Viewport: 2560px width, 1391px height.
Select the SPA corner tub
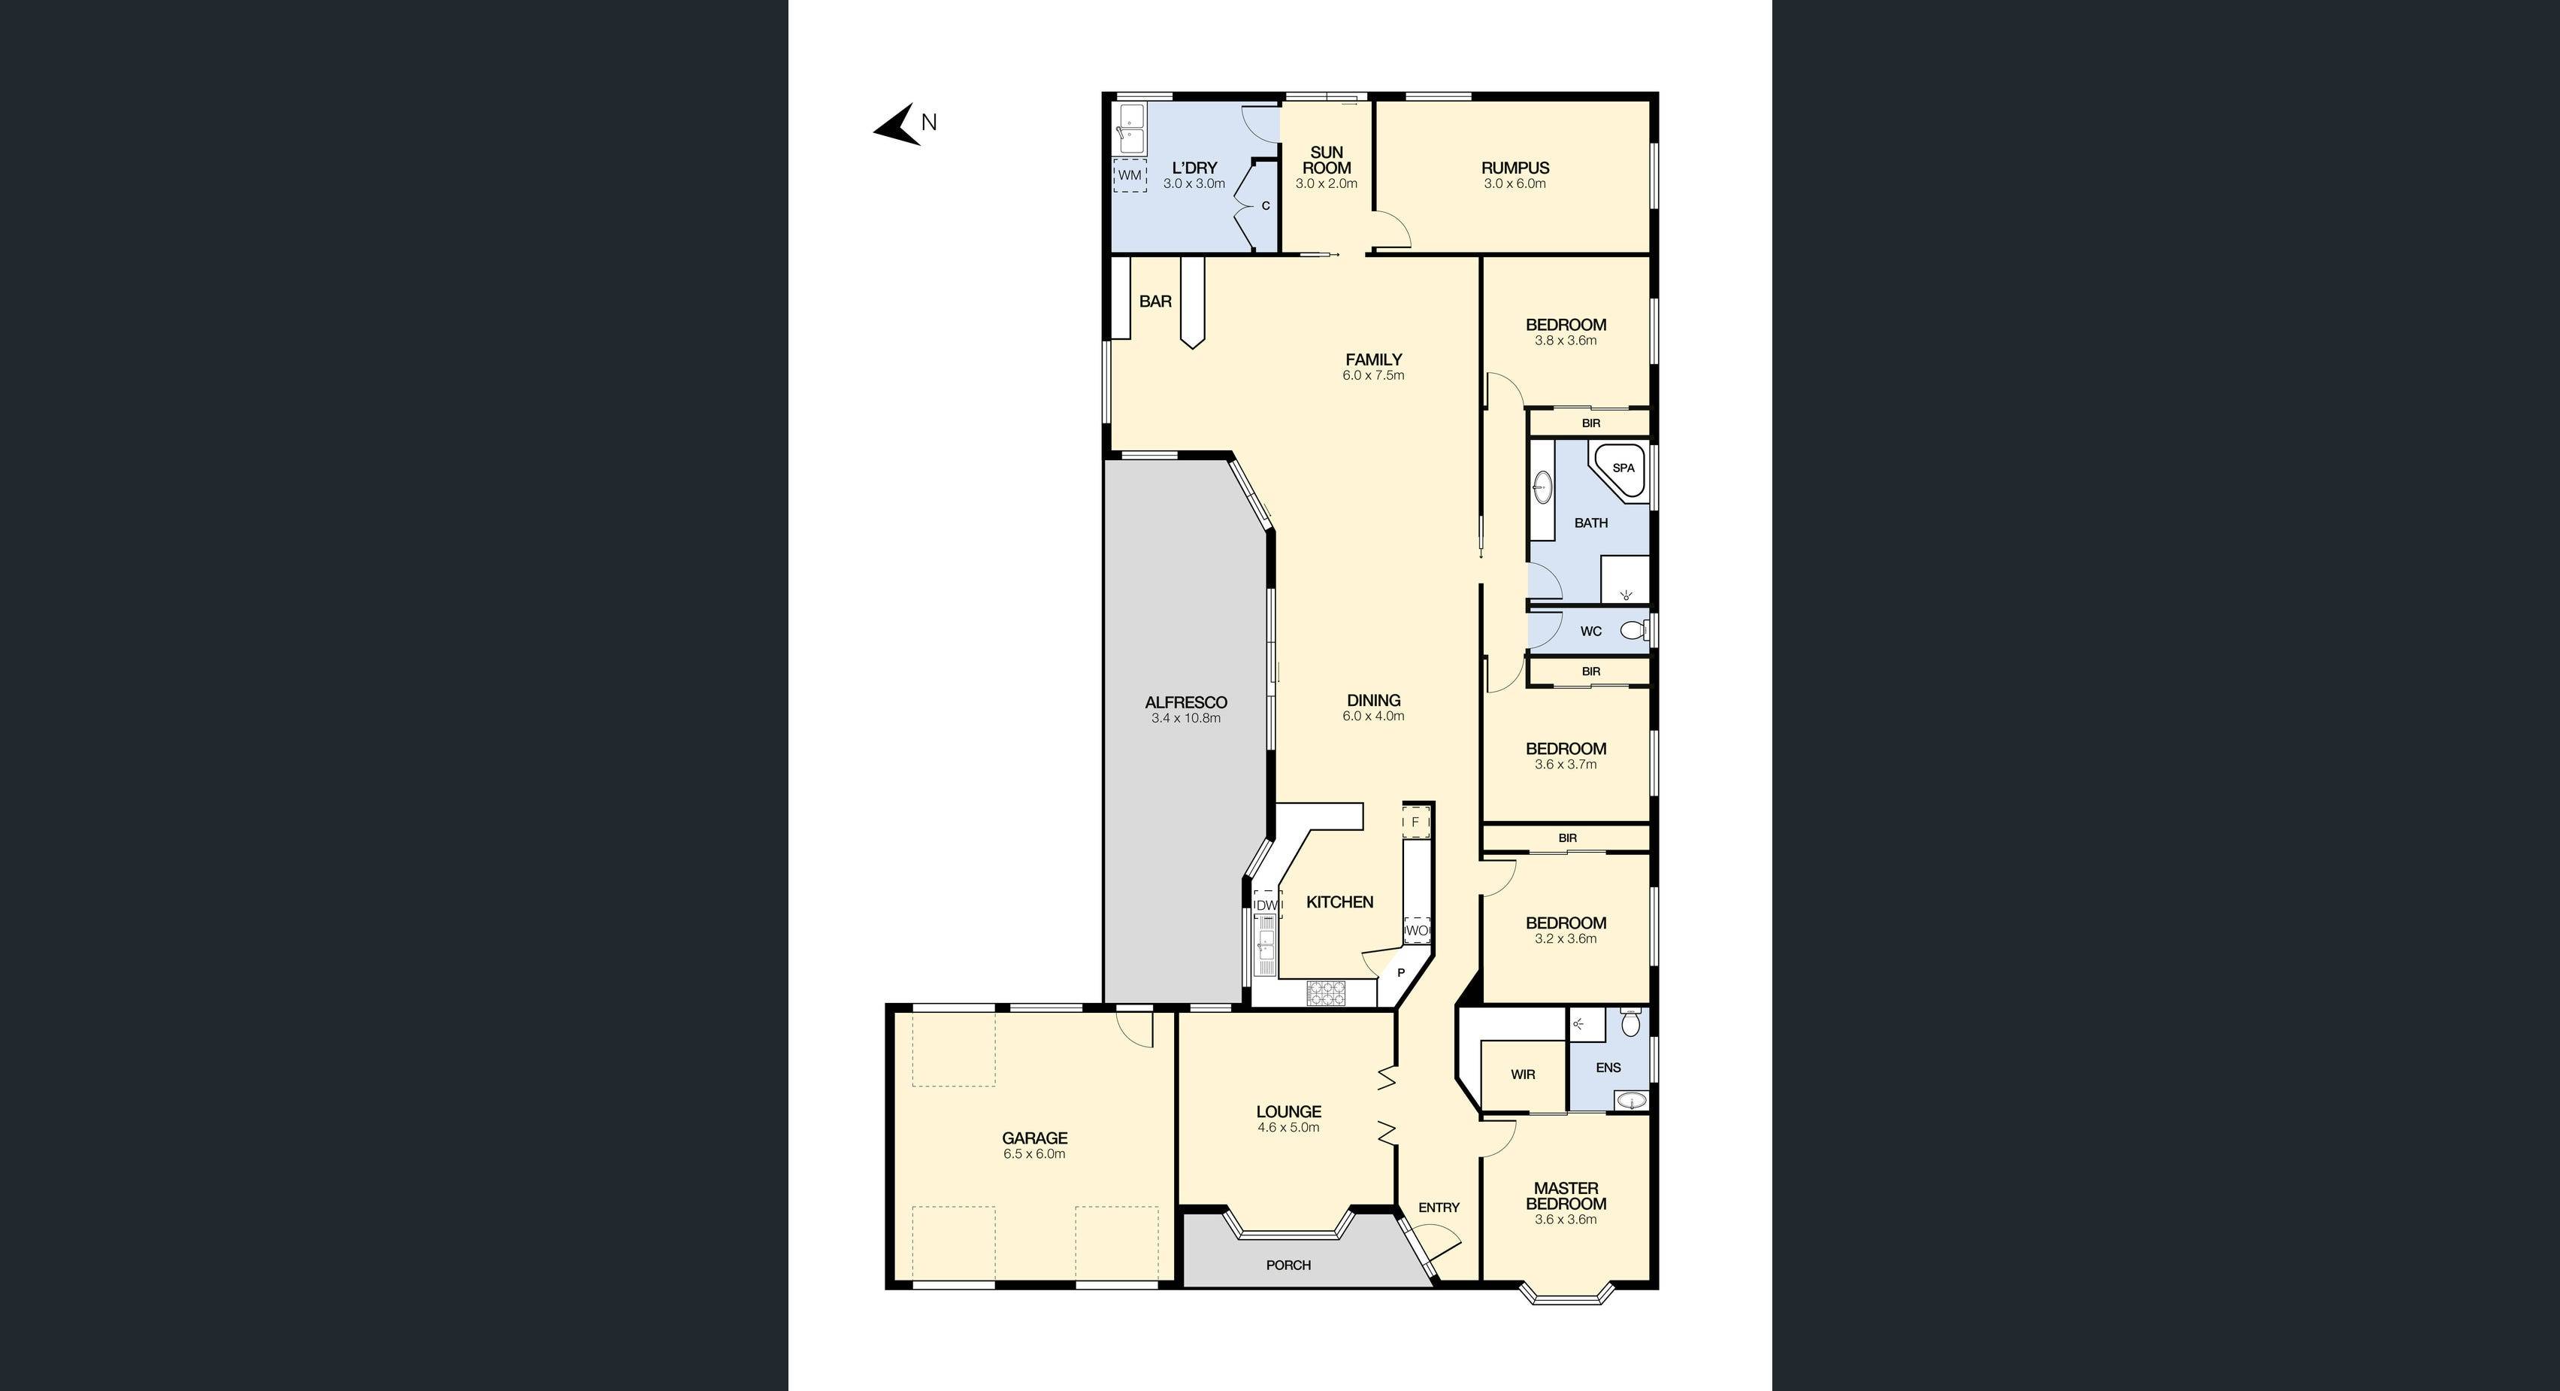pos(1620,468)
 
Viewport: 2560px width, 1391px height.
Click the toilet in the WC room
pos(1633,629)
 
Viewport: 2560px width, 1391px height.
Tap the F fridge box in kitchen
pos(1415,823)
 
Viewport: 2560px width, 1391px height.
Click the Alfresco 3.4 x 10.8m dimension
pos(1185,718)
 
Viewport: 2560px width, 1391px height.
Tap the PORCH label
pos(1288,1265)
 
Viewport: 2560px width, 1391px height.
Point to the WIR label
pos(1523,1074)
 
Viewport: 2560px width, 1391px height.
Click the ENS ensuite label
pos(1608,1068)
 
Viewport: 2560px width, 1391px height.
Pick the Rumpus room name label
pos(1515,168)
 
